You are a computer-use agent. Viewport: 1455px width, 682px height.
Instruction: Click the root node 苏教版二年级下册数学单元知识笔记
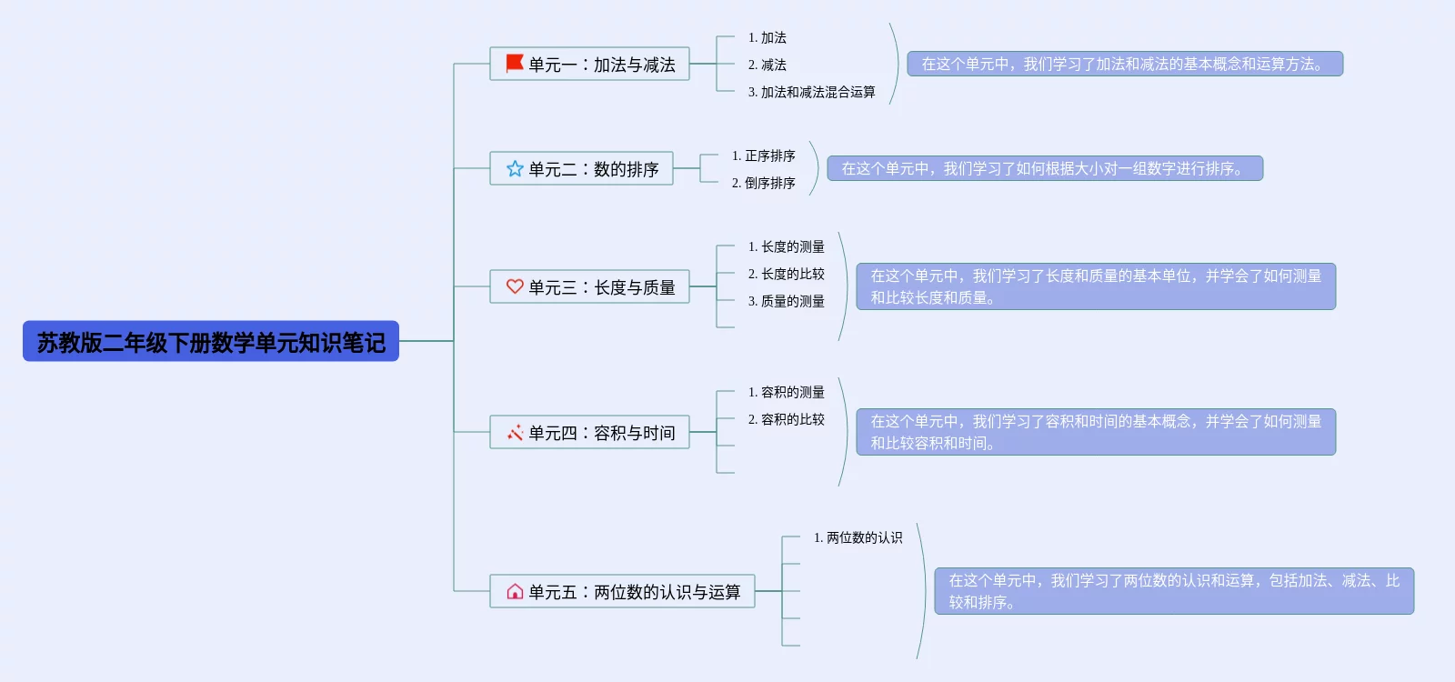tap(211, 342)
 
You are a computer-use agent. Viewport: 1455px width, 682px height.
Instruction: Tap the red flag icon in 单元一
tap(515, 64)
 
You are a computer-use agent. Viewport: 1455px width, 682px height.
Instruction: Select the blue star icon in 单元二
tap(515, 168)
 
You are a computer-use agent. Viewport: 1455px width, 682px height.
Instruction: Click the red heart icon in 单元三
tap(515, 286)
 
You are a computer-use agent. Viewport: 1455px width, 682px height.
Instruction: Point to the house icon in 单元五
tap(515, 592)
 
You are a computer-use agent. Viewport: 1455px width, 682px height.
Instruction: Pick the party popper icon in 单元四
tap(515, 433)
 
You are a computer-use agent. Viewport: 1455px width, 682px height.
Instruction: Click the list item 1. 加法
tap(768, 37)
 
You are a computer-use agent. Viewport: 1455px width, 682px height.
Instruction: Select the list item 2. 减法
tap(768, 65)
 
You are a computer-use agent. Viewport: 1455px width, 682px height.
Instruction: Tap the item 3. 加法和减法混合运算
tap(811, 92)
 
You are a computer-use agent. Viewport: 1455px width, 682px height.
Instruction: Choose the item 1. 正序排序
tap(764, 155)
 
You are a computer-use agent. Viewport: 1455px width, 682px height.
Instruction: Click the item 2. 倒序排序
tap(764, 183)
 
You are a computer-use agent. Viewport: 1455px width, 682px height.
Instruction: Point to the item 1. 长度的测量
tap(787, 246)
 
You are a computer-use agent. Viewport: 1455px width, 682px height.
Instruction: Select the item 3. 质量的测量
tap(787, 301)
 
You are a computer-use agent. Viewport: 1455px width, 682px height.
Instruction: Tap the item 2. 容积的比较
tap(787, 419)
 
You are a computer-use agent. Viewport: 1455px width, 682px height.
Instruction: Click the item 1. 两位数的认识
tap(858, 537)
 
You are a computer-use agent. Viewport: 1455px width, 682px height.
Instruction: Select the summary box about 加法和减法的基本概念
tap(1125, 64)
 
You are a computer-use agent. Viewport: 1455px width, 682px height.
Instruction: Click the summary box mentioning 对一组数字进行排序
tap(1045, 168)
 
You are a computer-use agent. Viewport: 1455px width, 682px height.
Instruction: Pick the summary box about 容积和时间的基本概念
tap(1096, 432)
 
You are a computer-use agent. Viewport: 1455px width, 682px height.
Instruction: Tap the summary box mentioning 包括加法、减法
tap(1174, 591)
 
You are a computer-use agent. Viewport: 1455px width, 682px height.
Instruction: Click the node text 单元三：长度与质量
tap(602, 287)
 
